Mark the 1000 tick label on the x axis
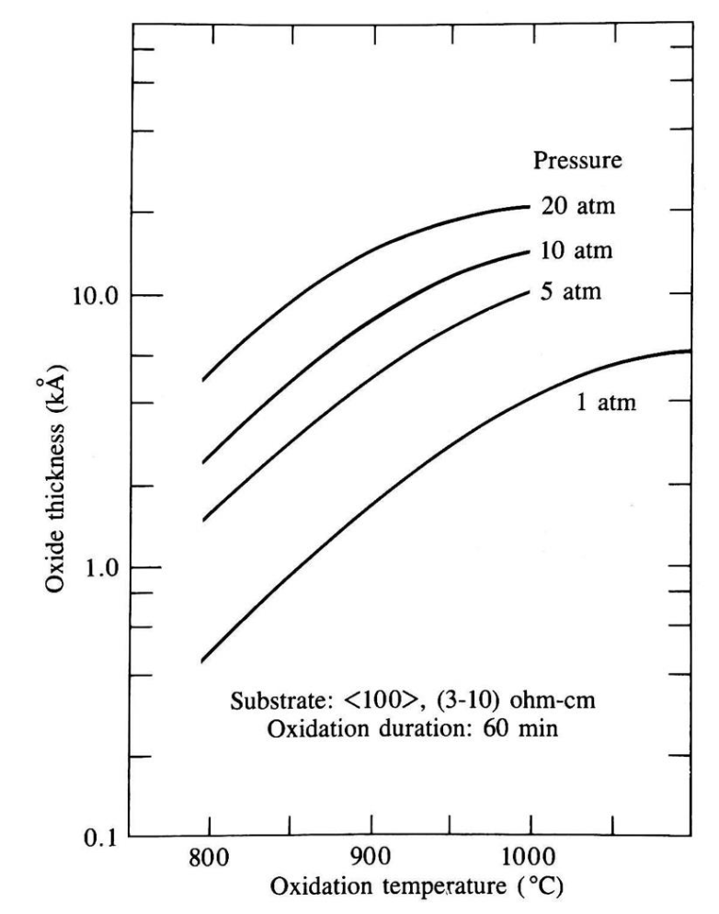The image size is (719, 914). tap(531, 868)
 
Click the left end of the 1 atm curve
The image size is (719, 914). tap(202, 660)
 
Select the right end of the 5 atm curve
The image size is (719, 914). tap(531, 291)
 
